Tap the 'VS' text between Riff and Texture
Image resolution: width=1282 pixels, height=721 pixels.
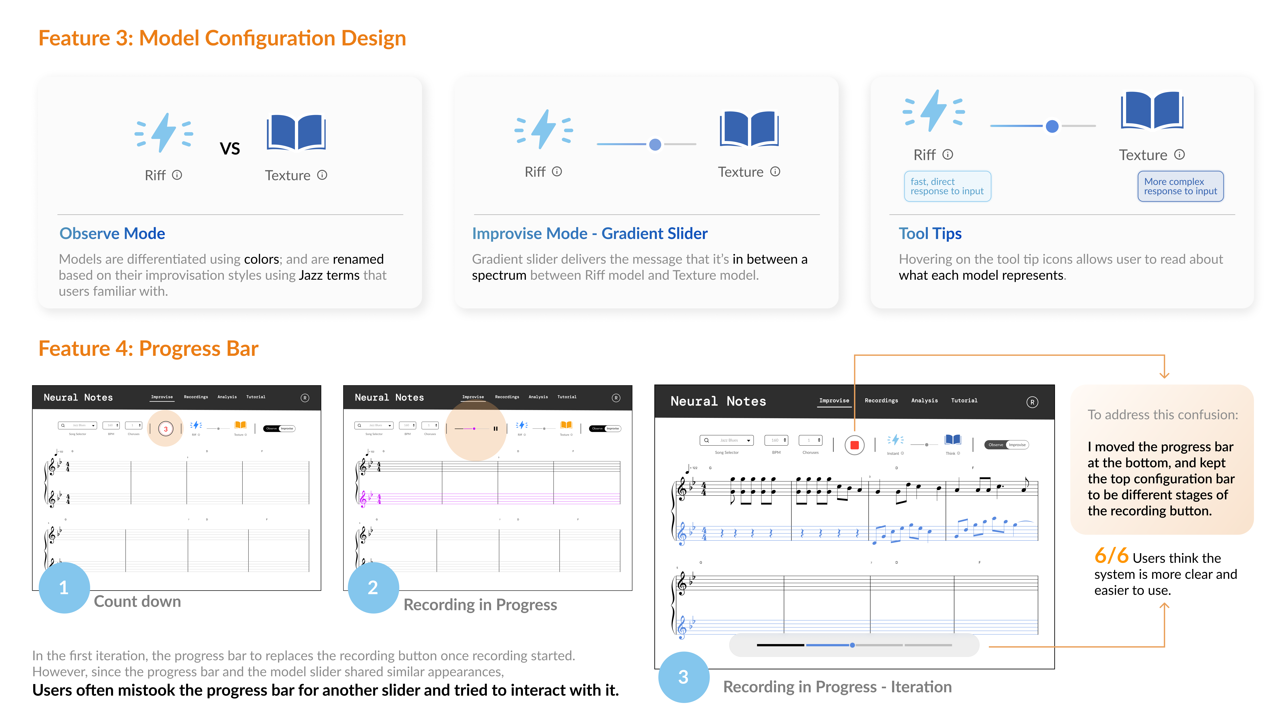coord(230,148)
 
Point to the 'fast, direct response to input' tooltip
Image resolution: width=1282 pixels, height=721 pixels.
coord(947,186)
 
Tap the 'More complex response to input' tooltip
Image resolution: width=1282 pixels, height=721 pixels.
coord(1180,186)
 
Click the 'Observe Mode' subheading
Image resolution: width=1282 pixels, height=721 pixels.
coord(112,233)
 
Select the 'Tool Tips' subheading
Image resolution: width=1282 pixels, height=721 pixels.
coord(930,233)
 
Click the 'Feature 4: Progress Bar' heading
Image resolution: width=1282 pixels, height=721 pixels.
coord(148,348)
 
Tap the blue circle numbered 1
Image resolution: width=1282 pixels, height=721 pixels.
coord(64,588)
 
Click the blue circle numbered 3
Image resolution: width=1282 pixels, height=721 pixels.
coord(683,677)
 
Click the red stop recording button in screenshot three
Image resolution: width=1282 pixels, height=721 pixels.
coord(854,445)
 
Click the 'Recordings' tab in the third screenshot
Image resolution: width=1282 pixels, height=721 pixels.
coord(881,401)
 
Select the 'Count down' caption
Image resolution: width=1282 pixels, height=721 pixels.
coord(137,602)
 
